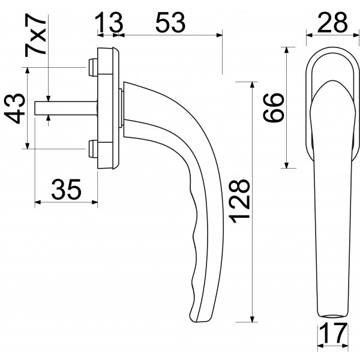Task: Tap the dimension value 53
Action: (x=170, y=23)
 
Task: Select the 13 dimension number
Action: (x=109, y=23)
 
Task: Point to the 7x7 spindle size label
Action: (x=35, y=35)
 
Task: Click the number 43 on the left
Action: (x=14, y=109)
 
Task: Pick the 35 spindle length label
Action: (x=67, y=190)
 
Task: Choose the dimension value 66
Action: (x=274, y=107)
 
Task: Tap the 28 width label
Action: (x=332, y=23)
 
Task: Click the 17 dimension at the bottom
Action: (x=333, y=333)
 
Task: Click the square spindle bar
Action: (x=66, y=108)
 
